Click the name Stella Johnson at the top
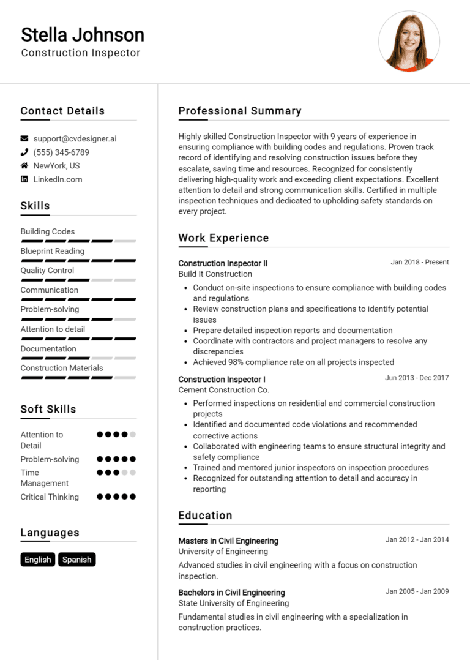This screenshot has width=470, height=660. [83, 34]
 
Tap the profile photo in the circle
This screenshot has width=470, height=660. [409, 41]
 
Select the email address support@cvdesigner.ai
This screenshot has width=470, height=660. [75, 139]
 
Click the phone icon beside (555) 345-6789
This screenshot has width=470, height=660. [24, 152]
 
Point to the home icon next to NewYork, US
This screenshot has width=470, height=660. [24, 166]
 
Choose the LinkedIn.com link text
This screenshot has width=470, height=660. [58, 179]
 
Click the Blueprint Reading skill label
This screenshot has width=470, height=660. [53, 251]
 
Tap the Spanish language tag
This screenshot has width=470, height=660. [77, 560]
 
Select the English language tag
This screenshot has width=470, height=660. [38, 560]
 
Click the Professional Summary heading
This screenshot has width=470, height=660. [240, 111]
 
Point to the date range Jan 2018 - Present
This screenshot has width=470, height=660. [420, 262]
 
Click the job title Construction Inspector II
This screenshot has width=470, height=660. [223, 263]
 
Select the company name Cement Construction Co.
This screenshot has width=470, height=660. [223, 390]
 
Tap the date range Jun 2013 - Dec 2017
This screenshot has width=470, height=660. [417, 378]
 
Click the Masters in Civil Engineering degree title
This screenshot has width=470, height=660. [228, 541]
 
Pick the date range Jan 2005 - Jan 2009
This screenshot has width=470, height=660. [417, 591]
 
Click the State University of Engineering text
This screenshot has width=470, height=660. [234, 604]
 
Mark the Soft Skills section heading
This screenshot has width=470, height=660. [48, 409]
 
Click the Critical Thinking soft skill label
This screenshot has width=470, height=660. [50, 497]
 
